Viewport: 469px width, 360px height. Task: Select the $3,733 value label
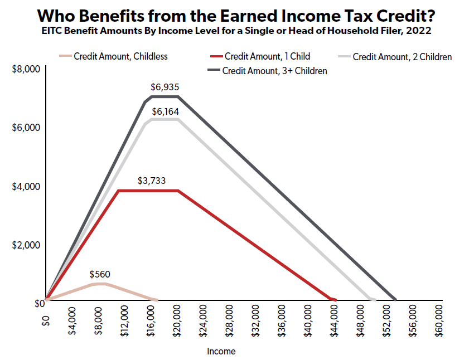152,181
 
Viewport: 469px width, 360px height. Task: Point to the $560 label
100,274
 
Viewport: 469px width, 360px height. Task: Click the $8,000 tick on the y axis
24,69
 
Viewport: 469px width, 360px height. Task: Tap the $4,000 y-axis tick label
24,186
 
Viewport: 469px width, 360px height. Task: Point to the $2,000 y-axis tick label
24,245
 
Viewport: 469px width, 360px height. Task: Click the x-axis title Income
221,352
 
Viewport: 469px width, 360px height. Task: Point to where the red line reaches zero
334,300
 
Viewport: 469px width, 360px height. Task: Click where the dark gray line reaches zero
395,300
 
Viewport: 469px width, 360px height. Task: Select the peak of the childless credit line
100,284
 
